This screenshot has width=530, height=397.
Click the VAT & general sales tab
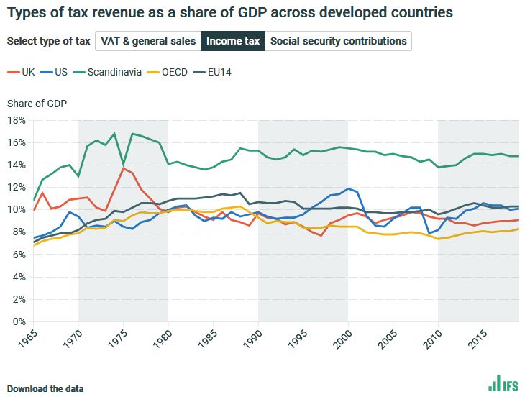[x=148, y=41]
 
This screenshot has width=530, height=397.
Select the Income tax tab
[x=233, y=41]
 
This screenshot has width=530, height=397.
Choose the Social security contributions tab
[x=338, y=41]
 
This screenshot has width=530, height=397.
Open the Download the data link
[x=45, y=389]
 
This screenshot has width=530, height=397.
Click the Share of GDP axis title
[x=37, y=104]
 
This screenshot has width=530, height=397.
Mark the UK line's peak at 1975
[x=124, y=168]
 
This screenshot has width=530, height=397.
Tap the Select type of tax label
[x=47, y=41]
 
